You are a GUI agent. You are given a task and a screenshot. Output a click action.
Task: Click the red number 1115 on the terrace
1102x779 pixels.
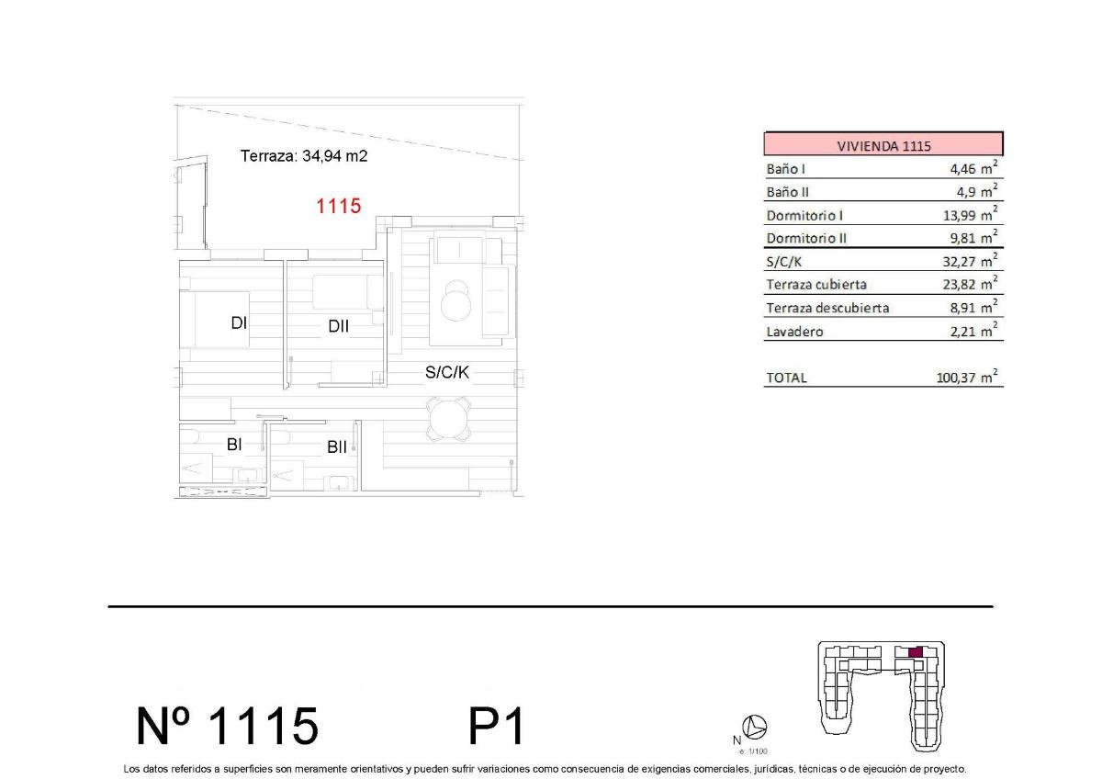click(x=338, y=207)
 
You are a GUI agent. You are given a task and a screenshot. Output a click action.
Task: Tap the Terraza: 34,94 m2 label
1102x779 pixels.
click(x=303, y=156)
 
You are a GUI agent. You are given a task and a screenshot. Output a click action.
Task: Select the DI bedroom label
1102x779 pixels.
click(x=240, y=322)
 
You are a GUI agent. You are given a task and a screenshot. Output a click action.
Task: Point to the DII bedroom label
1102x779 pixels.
click(x=338, y=325)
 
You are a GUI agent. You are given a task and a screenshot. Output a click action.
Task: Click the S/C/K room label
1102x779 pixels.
click(x=447, y=372)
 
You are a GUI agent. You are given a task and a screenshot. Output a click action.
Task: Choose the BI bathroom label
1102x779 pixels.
click(x=234, y=445)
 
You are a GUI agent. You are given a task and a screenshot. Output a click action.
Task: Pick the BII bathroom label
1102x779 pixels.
click(x=337, y=447)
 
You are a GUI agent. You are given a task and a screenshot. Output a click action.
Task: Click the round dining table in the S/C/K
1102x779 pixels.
click(x=449, y=420)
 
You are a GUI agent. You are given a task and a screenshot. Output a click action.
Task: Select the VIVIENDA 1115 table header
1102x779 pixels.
click(x=883, y=145)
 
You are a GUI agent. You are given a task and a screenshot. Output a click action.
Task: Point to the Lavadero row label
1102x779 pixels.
click(x=794, y=332)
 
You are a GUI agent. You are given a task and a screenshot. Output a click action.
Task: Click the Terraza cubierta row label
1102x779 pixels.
click(x=815, y=285)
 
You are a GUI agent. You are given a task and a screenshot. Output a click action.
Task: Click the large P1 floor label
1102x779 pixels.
click(x=496, y=726)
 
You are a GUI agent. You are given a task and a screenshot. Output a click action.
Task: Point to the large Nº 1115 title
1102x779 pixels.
click(x=227, y=726)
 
